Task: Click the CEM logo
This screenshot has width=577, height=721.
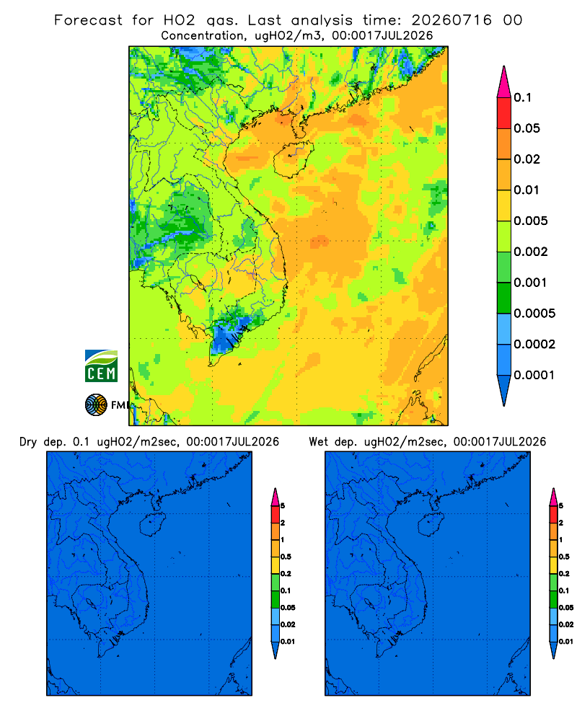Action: pyautogui.click(x=101, y=366)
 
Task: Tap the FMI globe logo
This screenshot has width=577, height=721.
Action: pyautogui.click(x=96, y=404)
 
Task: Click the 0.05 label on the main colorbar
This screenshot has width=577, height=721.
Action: pyautogui.click(x=527, y=128)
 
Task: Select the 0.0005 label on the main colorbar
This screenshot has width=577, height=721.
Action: pyautogui.click(x=534, y=313)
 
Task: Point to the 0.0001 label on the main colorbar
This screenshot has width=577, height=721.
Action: pyautogui.click(x=534, y=375)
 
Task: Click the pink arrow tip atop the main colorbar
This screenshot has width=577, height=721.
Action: pyautogui.click(x=504, y=67)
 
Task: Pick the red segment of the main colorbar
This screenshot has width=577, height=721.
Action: pyautogui.click(x=504, y=112)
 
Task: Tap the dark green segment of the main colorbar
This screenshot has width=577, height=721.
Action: pyautogui.click(x=504, y=298)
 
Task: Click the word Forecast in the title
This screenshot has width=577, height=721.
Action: pyautogui.click(x=88, y=20)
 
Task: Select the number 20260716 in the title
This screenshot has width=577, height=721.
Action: pyautogui.click(x=452, y=20)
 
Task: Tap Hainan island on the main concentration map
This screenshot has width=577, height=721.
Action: pyautogui.click(x=293, y=159)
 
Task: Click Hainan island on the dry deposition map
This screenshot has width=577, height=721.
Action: pyautogui.click(x=152, y=524)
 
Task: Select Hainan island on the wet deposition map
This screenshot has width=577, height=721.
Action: pyautogui.click(x=431, y=524)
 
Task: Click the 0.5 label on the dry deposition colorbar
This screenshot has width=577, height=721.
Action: pyautogui.click(x=286, y=557)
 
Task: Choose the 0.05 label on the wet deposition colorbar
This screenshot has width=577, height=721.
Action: pyautogui.click(x=566, y=607)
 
